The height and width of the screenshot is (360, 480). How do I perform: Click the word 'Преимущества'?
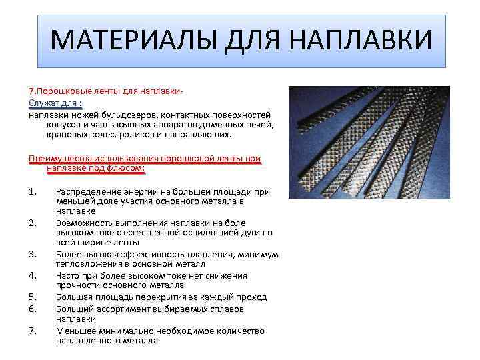[x=61, y=158]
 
